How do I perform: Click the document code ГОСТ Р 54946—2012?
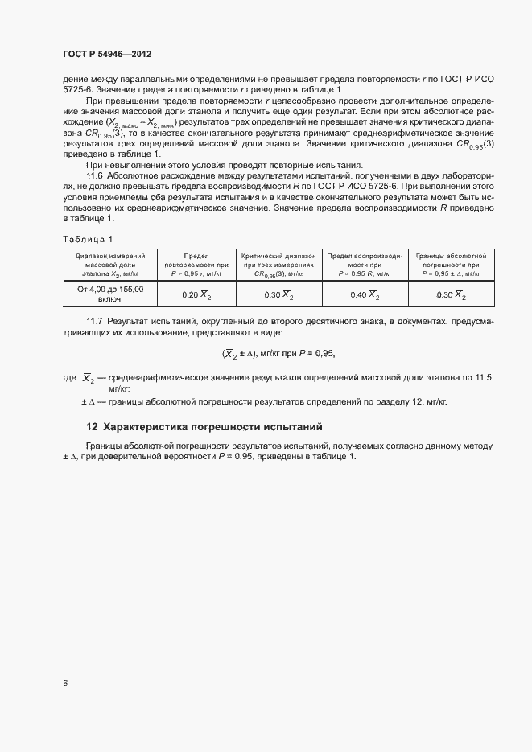coord(107,54)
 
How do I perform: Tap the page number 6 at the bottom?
coord(65,684)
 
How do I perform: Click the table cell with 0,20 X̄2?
coord(196,295)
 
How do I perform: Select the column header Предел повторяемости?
coord(196,264)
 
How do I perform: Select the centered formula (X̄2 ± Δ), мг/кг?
coord(277,353)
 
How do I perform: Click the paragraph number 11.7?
coord(95,322)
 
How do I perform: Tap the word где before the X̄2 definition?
coord(68,377)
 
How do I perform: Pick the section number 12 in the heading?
coord(92,426)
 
